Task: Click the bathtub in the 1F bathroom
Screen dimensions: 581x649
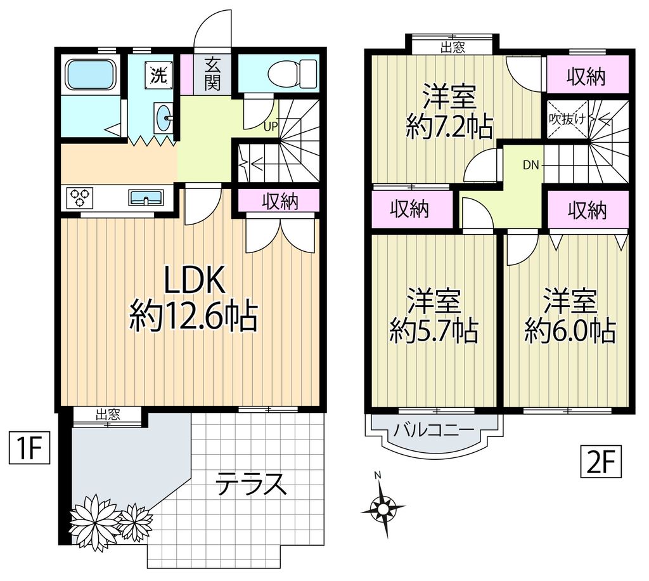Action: point(92,75)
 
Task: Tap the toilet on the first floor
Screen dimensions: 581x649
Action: point(292,73)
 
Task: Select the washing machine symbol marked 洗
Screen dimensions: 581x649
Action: point(158,75)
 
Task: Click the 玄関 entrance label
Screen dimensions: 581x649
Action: point(212,73)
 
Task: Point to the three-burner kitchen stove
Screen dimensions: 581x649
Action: point(80,198)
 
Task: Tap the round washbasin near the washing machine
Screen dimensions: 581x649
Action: point(166,117)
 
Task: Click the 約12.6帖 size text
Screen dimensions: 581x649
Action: point(193,316)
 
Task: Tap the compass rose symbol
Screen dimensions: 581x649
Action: point(383,507)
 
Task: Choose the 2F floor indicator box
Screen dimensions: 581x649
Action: point(600,462)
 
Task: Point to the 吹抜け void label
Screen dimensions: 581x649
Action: point(567,119)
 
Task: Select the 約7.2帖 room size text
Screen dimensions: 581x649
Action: point(449,128)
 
